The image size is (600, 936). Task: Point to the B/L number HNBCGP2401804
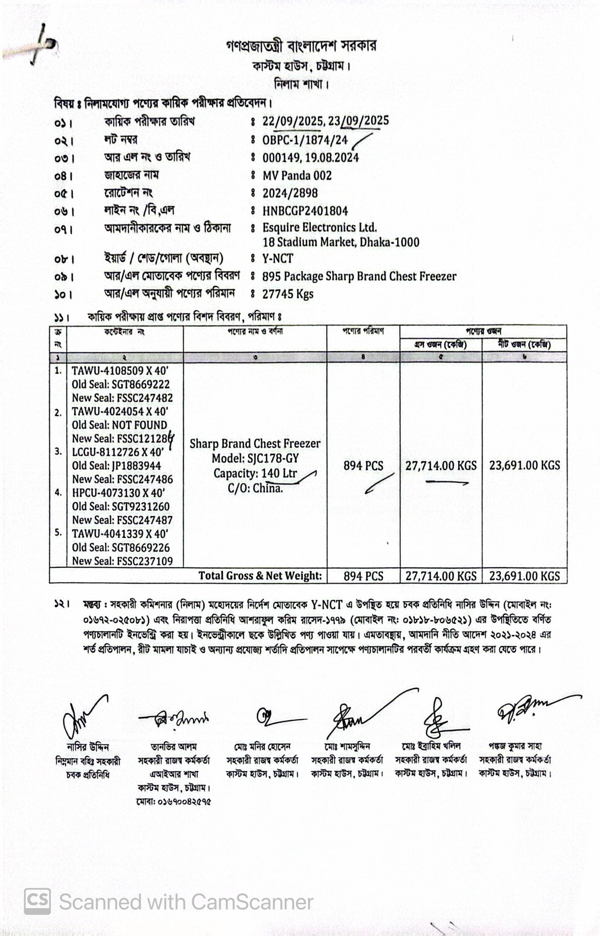click(305, 211)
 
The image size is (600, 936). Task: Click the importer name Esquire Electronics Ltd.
click(320, 227)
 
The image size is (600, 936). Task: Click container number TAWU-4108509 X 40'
click(120, 370)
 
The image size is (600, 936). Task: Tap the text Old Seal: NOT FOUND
click(119, 425)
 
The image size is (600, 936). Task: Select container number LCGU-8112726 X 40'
click(118, 452)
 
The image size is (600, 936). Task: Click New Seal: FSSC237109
click(122, 561)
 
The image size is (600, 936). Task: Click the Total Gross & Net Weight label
click(260, 576)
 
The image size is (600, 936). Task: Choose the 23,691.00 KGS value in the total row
click(524, 576)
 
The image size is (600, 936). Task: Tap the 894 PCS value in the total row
click(363, 576)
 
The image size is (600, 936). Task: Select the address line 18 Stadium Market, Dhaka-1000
click(341, 242)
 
